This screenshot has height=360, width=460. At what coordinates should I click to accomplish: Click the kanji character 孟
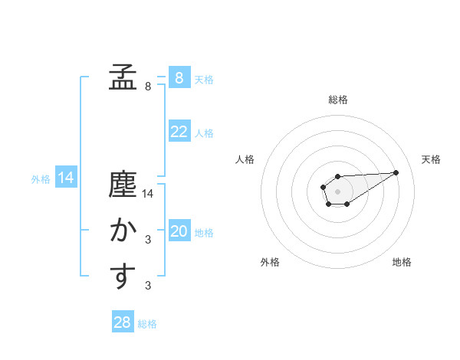coord(122,77)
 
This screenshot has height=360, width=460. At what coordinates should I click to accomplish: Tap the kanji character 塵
coord(122,186)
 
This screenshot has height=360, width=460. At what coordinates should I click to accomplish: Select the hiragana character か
coord(122,231)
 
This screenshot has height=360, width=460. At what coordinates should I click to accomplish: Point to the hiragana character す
coord(122,277)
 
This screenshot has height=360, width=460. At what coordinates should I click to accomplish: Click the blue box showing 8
coord(179,78)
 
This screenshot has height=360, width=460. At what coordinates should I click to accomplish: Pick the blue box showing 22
coord(179,132)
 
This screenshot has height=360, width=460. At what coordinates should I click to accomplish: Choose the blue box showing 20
coord(179,231)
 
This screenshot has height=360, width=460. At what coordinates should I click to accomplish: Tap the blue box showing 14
coord(66,178)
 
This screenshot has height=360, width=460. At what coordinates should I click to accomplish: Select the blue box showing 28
coord(123,322)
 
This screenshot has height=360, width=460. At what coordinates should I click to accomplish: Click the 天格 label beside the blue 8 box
coord(204,80)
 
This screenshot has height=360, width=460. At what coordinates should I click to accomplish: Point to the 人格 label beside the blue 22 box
coord(204,133)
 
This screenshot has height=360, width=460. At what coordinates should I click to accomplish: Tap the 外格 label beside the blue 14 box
coord(41,179)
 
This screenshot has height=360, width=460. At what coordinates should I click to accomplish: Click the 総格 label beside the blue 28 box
coord(147,324)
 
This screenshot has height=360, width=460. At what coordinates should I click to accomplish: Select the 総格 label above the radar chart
coord(337,100)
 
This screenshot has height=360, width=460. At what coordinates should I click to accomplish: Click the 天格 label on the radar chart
coord(432,159)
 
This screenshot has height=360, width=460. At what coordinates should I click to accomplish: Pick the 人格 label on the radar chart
coord(245,159)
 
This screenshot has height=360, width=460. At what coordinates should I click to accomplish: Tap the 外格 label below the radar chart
coord(270,262)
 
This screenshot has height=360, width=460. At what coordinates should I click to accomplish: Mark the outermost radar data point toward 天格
coord(396,172)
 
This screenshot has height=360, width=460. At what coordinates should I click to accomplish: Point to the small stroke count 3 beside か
coord(148,241)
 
